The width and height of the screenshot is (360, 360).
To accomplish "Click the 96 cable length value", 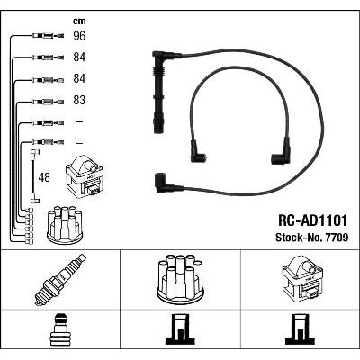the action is [x=79, y=36].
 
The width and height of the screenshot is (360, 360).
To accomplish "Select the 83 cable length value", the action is [x=79, y=100].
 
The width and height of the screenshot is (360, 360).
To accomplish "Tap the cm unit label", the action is [x=79, y=21].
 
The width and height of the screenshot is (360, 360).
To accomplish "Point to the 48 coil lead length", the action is [x=44, y=177].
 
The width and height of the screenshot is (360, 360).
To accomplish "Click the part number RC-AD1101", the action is [x=312, y=220].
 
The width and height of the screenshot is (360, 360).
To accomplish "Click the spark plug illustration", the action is [x=60, y=280].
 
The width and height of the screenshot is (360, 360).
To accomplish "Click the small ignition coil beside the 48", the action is [x=85, y=175].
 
